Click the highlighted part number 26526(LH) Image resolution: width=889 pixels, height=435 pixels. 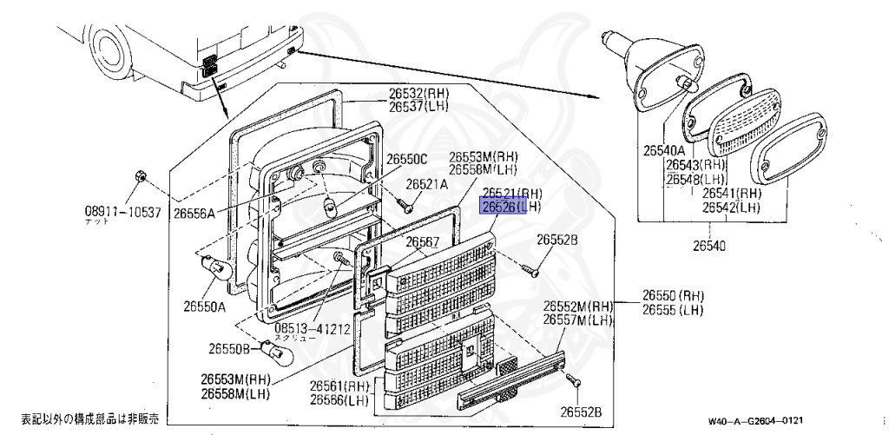(511, 207)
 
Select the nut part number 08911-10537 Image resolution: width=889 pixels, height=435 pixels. (122, 212)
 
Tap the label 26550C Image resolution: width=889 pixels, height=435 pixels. (407, 159)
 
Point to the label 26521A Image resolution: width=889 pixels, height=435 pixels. (427, 184)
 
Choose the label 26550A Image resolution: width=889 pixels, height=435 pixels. (204, 306)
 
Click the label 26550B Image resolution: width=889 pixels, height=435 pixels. (229, 348)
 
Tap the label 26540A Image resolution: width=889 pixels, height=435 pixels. (665, 150)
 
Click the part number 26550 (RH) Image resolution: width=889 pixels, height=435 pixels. (673, 294)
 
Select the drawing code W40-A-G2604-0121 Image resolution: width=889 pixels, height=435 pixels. (761, 421)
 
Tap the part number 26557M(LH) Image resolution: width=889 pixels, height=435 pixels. (578, 320)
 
